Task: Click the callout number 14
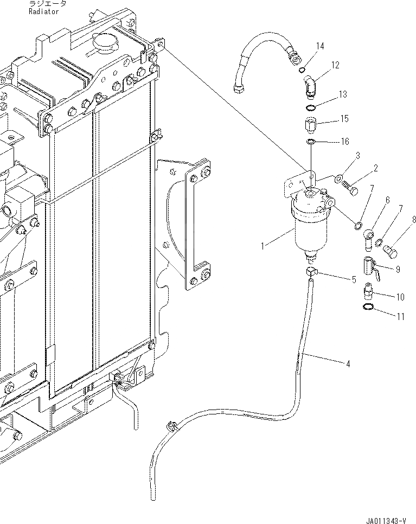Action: pos(320,47)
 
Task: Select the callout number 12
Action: pos(335,65)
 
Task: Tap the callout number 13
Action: pos(343,94)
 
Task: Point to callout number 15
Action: pos(344,119)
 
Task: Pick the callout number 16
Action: pos(344,142)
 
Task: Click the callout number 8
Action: pos(414,220)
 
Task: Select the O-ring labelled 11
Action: pos(368,308)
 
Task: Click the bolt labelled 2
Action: pos(348,186)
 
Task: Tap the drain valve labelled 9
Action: pos(373,266)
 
